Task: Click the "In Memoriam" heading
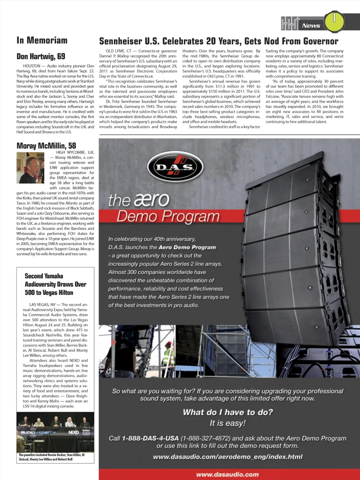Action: point(42,40)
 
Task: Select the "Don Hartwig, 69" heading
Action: point(40,57)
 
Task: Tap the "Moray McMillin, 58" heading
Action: point(46,146)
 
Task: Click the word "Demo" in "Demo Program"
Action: point(137,216)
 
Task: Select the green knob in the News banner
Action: point(334,22)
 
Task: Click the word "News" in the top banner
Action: point(311,25)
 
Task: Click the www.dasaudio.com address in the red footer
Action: point(227,474)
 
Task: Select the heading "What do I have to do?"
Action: point(228,412)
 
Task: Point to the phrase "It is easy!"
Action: point(227,423)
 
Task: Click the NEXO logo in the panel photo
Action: point(73,432)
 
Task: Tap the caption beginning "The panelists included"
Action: point(51,457)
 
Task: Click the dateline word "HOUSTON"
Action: point(31,66)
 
